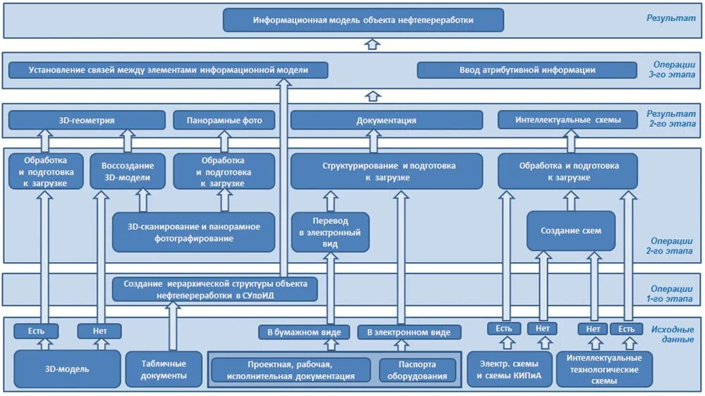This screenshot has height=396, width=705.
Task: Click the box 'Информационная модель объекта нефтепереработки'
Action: pyautogui.click(x=363, y=20)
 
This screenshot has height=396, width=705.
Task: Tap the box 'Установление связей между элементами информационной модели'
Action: pyautogui.click(x=168, y=70)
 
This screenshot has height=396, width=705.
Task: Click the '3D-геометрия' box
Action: pyautogui.click(x=87, y=120)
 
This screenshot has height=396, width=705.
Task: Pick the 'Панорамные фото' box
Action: pyautogui.click(x=224, y=120)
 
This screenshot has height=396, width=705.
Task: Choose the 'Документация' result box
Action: pyautogui.click(x=386, y=120)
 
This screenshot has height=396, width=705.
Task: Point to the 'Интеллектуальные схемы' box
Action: pyautogui.click(x=568, y=120)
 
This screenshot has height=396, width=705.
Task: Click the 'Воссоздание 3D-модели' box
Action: pyautogui.click(x=128, y=171)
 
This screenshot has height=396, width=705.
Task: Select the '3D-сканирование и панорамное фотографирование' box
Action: pyautogui.click(x=193, y=233)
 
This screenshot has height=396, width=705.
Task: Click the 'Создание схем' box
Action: pyautogui.click(x=571, y=231)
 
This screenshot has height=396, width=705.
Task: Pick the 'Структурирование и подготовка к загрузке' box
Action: pyautogui.click(x=386, y=171)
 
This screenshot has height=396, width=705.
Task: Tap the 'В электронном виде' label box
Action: pyautogui.click(x=409, y=332)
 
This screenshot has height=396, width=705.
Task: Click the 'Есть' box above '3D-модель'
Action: pyautogui.click(x=37, y=330)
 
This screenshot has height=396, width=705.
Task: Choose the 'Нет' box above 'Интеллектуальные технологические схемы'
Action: pyautogui.click(x=592, y=328)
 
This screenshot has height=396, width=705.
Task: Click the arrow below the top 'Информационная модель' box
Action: pyautogui.click(x=373, y=44)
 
